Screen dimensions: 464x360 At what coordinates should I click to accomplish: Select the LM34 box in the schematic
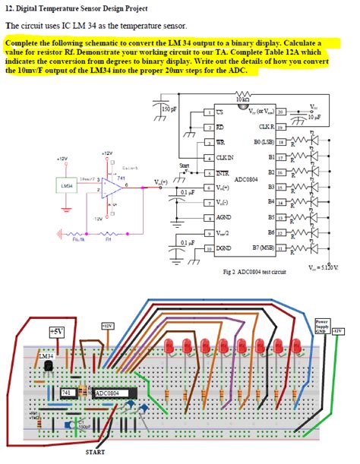[67, 185]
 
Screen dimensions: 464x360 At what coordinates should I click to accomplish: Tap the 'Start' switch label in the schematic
[184, 166]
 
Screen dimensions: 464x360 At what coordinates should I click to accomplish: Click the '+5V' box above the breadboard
[56, 332]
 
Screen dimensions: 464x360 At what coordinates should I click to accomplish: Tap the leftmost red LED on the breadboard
[166, 348]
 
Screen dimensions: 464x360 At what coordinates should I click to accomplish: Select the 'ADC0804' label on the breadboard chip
[111, 393]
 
